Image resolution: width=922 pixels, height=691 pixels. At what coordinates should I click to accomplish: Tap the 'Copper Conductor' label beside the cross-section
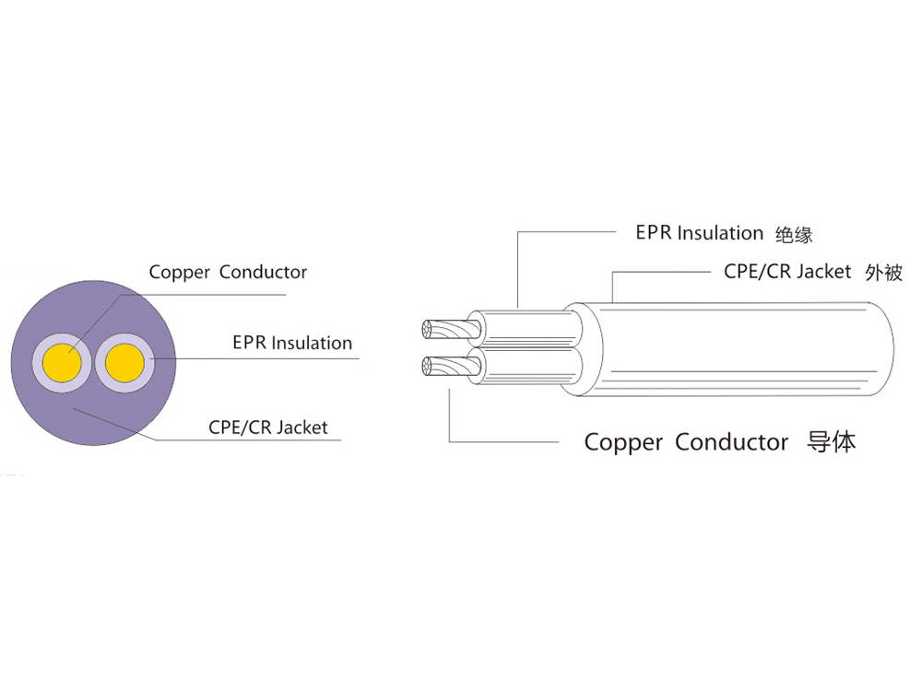[228, 273]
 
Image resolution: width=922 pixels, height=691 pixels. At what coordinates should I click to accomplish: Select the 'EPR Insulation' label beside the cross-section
[292, 344]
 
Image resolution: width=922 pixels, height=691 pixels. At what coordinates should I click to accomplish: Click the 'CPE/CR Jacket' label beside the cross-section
[267, 427]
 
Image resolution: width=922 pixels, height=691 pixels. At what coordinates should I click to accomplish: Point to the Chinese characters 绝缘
[794, 234]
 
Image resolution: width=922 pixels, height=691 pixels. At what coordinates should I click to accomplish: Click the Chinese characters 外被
[883, 273]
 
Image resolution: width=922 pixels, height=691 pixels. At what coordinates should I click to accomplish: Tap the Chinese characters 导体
[831, 441]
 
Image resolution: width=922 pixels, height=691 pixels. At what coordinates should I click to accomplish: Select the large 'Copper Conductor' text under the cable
[686, 442]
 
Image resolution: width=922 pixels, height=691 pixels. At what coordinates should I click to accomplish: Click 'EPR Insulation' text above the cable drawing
[700, 233]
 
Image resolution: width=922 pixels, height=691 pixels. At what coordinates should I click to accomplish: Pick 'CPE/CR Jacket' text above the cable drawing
[787, 272]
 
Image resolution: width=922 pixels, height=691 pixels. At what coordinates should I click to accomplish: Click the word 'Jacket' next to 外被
[823, 272]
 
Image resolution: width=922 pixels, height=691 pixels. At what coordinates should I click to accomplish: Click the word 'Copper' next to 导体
[623, 442]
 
